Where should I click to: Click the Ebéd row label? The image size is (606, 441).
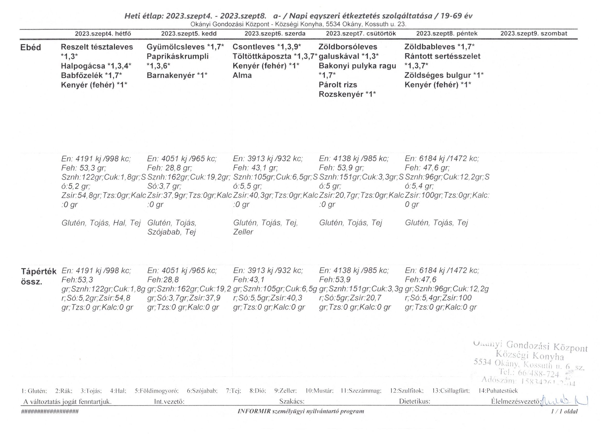coord(31,48)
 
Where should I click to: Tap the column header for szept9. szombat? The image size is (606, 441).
coord(534,34)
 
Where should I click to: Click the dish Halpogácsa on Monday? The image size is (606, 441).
coord(83,66)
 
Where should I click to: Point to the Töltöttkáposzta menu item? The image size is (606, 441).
coord(262,57)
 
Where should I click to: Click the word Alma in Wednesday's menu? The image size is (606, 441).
coord(242,75)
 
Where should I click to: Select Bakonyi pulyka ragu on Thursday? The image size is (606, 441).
coord(357,66)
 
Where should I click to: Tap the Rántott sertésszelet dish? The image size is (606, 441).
coord(442,57)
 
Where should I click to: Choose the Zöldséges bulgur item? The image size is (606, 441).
coord(438,75)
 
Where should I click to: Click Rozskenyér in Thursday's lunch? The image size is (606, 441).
coord(341,94)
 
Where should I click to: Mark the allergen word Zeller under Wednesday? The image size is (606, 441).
coord(243,232)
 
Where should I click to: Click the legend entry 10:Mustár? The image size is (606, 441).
coord(319,391)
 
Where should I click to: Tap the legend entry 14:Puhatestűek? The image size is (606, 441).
coord(498,391)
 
